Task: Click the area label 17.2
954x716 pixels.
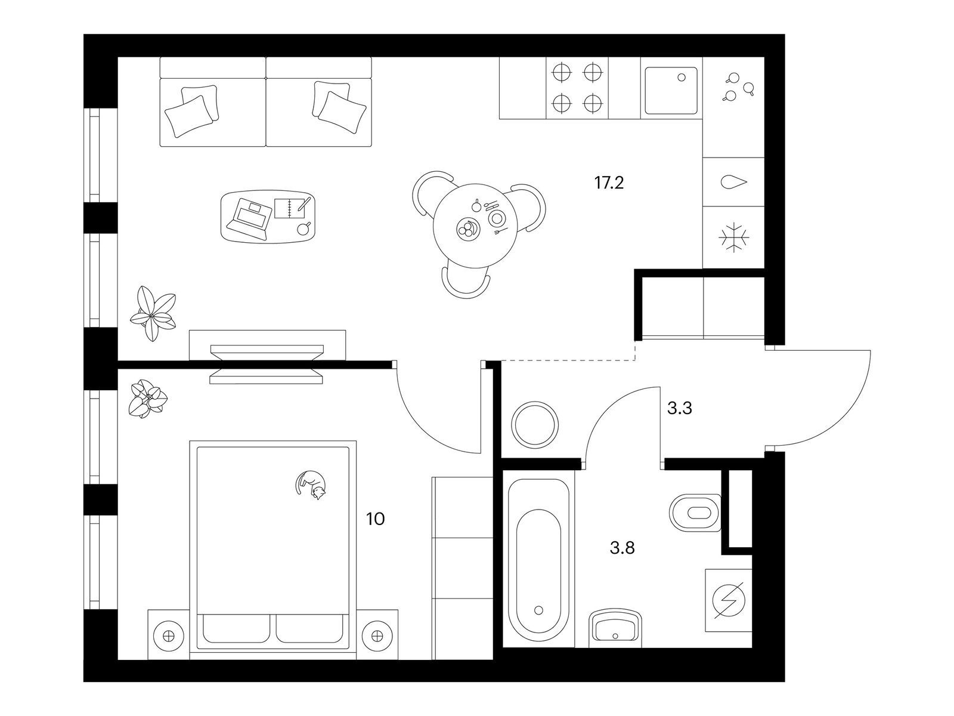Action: [609, 183]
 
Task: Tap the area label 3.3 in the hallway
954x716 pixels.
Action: [679, 408]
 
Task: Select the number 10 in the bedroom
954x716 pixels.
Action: [375, 519]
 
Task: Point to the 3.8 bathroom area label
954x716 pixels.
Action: [622, 548]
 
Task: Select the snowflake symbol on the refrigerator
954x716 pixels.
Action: [733, 238]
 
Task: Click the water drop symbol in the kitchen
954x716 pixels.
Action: [733, 182]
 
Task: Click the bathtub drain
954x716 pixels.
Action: [539, 610]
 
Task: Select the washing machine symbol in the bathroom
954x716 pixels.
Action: [729, 600]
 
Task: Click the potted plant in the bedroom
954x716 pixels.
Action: [148, 399]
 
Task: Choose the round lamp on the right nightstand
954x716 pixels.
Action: [376, 636]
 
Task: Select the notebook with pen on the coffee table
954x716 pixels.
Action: [293, 208]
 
